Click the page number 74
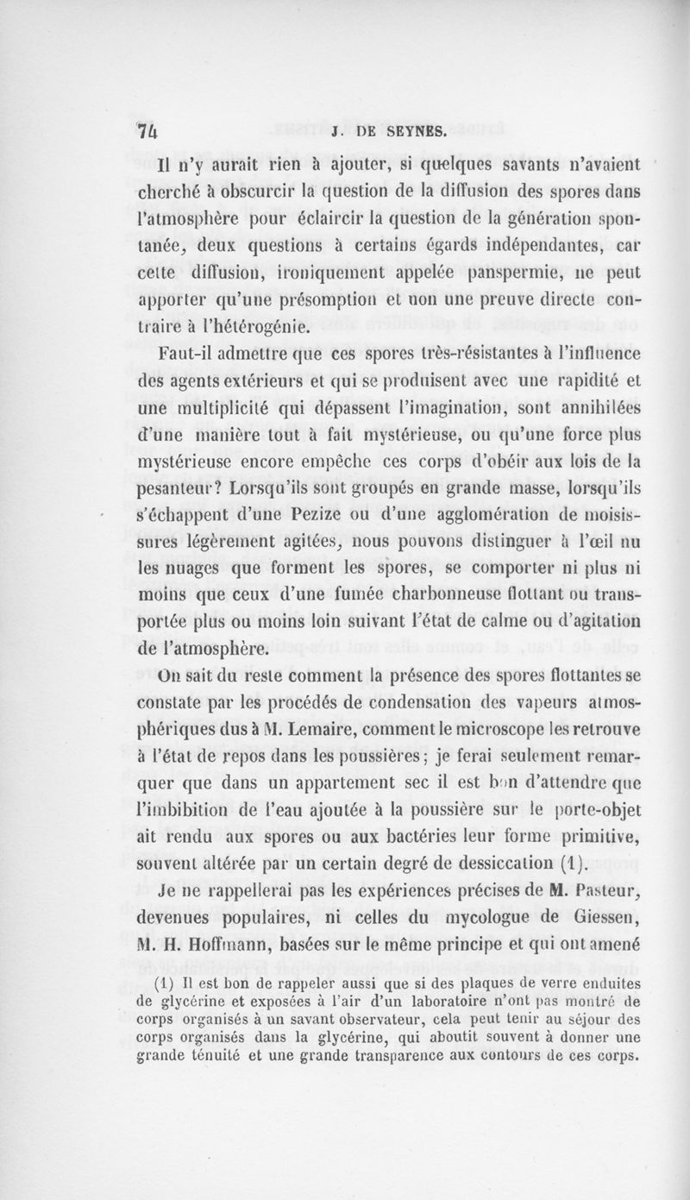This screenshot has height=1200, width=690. tap(150, 132)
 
